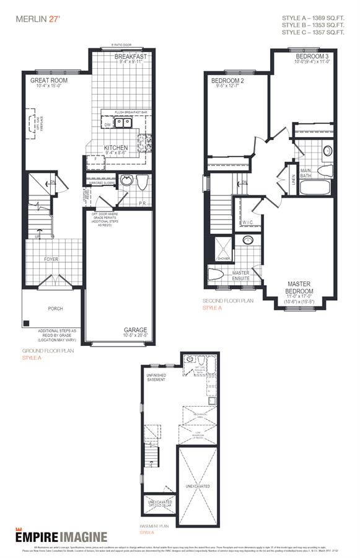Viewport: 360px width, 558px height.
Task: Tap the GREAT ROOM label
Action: (x=49, y=81)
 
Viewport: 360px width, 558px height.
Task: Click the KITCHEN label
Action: (x=116, y=148)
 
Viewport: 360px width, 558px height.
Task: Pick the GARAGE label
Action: (x=135, y=330)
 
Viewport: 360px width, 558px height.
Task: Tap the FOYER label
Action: (x=51, y=259)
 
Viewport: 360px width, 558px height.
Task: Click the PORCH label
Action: (x=56, y=308)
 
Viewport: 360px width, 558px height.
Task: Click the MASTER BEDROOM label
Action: (x=299, y=287)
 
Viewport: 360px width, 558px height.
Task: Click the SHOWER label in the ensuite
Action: (x=223, y=259)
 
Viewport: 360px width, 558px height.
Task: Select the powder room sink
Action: (x=126, y=182)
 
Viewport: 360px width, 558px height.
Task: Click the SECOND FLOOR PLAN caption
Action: (x=228, y=301)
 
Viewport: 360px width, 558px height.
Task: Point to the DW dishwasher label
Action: (x=108, y=125)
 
